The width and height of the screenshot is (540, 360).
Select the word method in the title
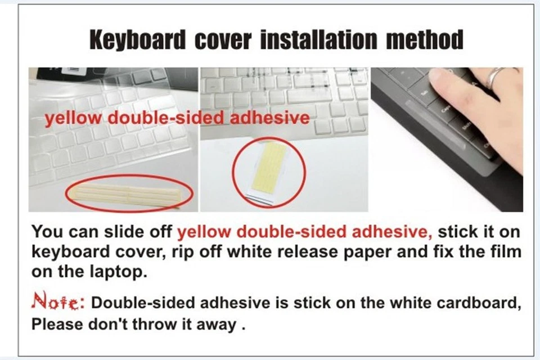tap(428, 40)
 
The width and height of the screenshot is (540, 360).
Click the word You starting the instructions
tap(44, 232)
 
